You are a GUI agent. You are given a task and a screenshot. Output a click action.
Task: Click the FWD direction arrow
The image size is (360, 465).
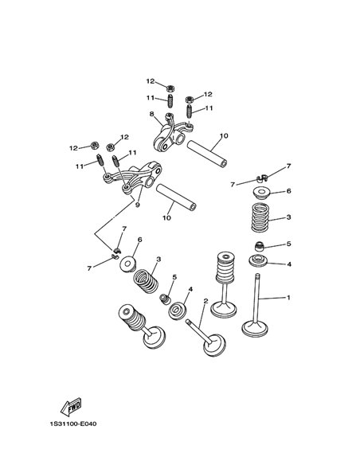click(71, 406)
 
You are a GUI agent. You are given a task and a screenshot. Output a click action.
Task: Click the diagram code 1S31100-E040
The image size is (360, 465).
click(73, 424)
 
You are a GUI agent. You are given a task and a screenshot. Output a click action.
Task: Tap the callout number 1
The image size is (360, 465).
click(288, 298)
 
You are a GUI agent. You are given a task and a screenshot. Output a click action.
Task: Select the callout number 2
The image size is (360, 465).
click(205, 301)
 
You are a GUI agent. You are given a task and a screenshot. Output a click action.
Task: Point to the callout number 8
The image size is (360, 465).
click(152, 114)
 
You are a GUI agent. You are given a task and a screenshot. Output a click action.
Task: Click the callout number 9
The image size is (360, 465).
click(137, 205)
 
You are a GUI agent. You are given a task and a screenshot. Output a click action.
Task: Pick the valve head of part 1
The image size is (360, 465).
click(255, 329)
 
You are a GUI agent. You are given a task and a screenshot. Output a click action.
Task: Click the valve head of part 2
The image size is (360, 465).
click(215, 346)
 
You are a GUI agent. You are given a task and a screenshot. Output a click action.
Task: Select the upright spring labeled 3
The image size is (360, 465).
click(260, 217)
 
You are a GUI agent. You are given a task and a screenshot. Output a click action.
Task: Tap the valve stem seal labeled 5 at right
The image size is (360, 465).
click(260, 246)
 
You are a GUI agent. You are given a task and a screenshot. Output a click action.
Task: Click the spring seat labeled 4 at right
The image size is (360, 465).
click(258, 260)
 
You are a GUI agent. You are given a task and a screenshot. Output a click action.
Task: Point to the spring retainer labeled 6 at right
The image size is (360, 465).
click(261, 193)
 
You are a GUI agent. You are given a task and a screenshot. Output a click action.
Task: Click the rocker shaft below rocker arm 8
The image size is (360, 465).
click(207, 154)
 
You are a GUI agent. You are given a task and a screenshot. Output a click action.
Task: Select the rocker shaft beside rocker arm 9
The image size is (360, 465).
click(177, 197)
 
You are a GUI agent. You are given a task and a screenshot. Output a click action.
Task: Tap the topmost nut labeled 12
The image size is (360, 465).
click(170, 88)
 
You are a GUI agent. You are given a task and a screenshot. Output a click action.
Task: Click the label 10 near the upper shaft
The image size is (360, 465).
click(224, 136)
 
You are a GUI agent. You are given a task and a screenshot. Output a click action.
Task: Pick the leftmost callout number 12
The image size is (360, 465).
click(73, 148)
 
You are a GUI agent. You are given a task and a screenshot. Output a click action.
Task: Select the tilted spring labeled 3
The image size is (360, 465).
click(146, 281)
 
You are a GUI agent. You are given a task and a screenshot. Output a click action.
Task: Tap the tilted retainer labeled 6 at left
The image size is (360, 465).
click(128, 264)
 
